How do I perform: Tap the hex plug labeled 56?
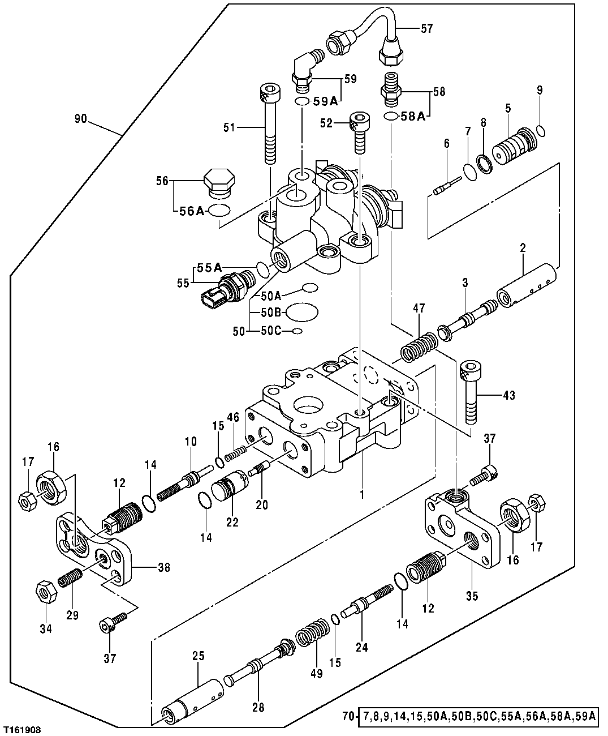[218, 182]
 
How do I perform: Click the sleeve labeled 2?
[526, 281]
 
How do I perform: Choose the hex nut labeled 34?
[45, 592]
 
